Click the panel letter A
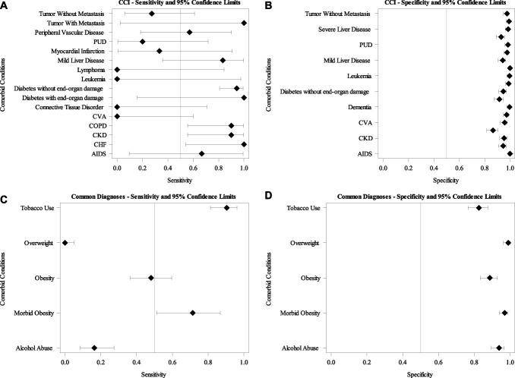[x=5, y=5]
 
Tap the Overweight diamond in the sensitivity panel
[x=65, y=243]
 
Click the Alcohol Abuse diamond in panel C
[x=94, y=348]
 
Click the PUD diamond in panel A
[x=142, y=42]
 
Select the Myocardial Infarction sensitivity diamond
[x=160, y=51]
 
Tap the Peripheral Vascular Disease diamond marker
[x=189, y=33]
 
